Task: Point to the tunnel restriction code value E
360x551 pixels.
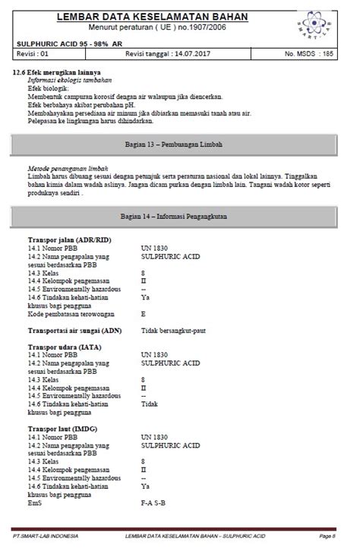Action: [x=144, y=313]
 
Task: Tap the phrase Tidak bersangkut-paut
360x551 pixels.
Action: [x=173, y=331]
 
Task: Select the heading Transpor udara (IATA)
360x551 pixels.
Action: [x=65, y=347]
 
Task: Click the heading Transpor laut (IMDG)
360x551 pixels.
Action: [x=64, y=430]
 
